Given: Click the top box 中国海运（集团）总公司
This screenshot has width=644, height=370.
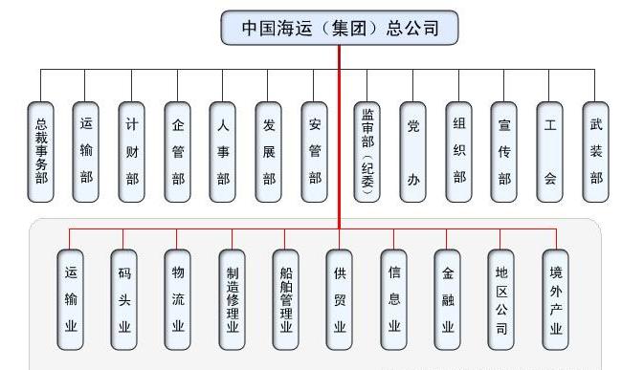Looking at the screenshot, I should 340,28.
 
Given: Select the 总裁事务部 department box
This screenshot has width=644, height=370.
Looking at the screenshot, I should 40,151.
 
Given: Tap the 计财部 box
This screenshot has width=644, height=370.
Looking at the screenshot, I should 132,151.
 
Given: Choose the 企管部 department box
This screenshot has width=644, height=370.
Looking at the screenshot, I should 178,151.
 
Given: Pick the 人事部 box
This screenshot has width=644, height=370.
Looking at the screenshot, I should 223,151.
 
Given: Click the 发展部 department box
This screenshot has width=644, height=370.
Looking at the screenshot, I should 269,151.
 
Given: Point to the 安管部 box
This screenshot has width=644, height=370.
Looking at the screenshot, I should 315,151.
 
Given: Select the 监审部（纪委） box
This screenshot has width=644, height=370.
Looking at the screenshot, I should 367,151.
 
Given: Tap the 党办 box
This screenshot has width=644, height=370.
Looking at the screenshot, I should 412,151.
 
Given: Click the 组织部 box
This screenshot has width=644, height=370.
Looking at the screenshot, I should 459,151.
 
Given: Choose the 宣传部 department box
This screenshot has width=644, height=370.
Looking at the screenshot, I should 504,151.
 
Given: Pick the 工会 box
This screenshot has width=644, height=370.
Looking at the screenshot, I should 549,151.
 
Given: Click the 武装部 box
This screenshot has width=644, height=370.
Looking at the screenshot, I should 595,151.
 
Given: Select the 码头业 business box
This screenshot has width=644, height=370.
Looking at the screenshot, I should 123,299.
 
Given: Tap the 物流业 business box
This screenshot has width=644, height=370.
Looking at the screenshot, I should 177,299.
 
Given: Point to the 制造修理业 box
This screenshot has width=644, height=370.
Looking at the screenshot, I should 232,299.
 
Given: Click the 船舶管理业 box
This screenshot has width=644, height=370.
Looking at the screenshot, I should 285,299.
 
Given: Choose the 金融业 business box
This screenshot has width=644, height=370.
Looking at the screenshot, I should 448,299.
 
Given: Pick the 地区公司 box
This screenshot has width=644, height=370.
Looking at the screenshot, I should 501,299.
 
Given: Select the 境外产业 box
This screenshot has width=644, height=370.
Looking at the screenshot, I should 556,299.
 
